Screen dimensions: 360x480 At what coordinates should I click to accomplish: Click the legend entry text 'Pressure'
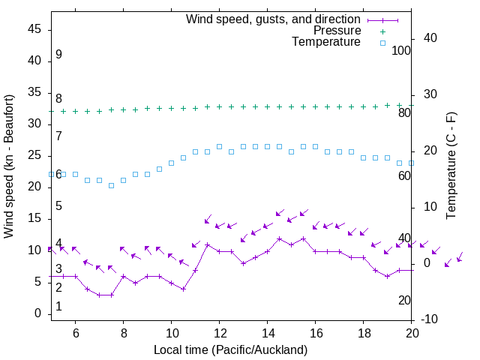337,31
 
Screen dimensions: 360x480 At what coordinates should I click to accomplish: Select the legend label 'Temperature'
326,43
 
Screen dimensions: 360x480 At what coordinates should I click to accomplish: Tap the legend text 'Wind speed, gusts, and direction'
274,19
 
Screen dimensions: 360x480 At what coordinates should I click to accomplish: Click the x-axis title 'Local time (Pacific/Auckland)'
230,349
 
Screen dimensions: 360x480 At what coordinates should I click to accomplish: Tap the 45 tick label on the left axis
34,28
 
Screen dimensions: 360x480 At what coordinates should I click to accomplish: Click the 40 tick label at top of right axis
430,38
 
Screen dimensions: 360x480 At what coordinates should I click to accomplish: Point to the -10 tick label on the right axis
430,319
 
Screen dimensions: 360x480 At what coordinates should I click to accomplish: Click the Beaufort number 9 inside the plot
58,55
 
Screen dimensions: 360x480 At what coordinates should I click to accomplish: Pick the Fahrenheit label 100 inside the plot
401,50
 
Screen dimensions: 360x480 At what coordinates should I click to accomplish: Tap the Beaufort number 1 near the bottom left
58,307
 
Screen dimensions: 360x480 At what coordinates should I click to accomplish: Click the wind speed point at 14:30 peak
279,239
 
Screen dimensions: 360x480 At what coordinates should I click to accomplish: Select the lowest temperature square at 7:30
111,185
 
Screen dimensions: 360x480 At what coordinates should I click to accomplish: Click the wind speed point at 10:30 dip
183,289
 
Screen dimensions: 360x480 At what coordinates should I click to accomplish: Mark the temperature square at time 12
219,146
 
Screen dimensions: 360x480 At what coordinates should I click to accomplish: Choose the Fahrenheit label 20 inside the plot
404,301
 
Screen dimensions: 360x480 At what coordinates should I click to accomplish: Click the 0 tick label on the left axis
37,313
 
